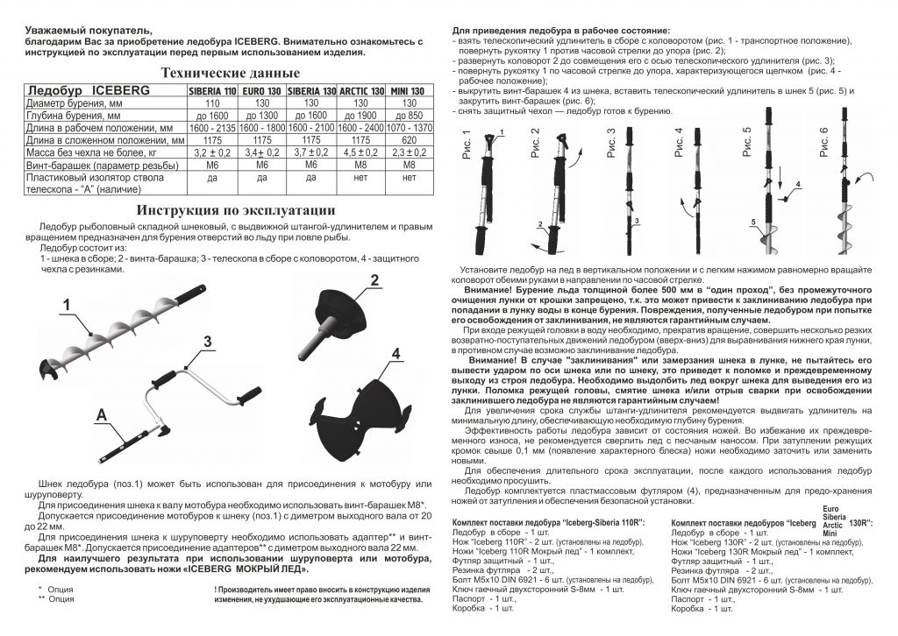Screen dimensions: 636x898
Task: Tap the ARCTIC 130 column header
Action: [x=362, y=91]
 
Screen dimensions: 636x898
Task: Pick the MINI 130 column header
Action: [x=409, y=91]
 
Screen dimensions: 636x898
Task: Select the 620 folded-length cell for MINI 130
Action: [x=409, y=140]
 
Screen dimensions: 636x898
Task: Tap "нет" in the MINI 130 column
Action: [x=409, y=177]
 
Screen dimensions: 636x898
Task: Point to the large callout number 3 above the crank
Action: [x=208, y=343]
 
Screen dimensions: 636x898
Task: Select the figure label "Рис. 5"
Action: [x=746, y=143]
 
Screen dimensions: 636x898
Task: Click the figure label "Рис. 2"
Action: [x=535, y=143]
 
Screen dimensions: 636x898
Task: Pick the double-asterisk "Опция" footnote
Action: [x=61, y=599]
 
